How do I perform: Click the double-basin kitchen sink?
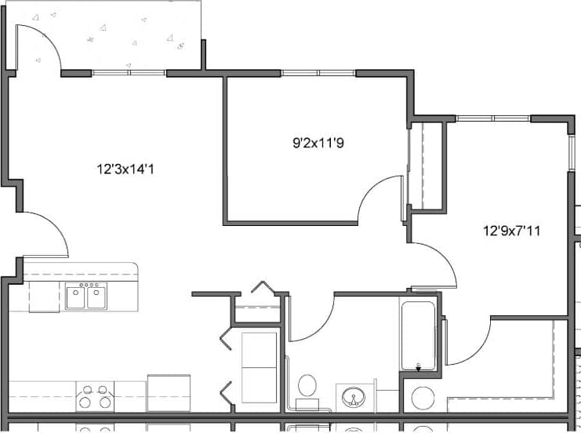85,297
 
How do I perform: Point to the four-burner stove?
95,395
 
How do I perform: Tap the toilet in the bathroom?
307,387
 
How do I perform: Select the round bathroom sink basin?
356,398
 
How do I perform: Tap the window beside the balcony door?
129,74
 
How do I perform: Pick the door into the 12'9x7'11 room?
436,264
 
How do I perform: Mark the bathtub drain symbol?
418,366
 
